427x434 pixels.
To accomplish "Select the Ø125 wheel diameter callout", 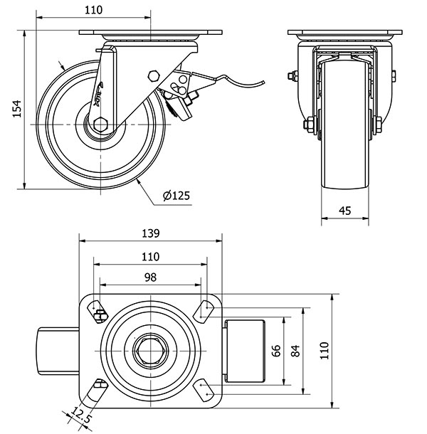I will pos(176,196).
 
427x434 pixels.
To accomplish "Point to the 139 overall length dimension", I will pos(150,233).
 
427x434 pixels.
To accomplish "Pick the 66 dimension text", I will pos(277,349).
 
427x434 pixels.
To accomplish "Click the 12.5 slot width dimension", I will pos(83,416).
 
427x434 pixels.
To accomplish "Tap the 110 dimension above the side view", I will pos(93,10).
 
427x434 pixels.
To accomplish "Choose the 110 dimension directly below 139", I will pos(150,256).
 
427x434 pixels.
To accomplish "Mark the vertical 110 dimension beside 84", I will pos(324,349).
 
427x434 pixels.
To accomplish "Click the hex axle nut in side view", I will pos(99,125).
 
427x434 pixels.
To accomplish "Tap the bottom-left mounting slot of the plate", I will pos(97,389).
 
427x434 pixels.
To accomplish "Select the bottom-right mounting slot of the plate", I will pos(205,388).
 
